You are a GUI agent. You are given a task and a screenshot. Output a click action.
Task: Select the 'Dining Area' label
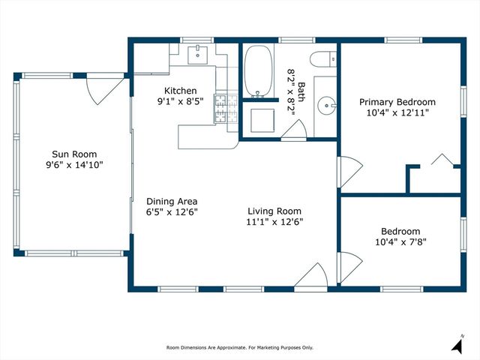[x=172, y=201]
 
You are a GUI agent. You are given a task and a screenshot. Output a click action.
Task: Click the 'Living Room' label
[x=274, y=211]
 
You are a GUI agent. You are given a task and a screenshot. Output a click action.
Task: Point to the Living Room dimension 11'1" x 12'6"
[x=274, y=221]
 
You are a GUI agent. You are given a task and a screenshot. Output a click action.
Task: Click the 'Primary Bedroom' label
[x=397, y=101]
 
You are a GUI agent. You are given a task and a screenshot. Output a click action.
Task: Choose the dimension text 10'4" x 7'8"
[x=400, y=242]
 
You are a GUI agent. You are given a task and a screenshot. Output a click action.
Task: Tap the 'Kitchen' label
[x=177, y=91]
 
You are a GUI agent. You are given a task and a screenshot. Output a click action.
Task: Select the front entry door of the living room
[x=310, y=276]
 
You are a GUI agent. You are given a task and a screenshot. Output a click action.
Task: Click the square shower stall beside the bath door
[x=264, y=120]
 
